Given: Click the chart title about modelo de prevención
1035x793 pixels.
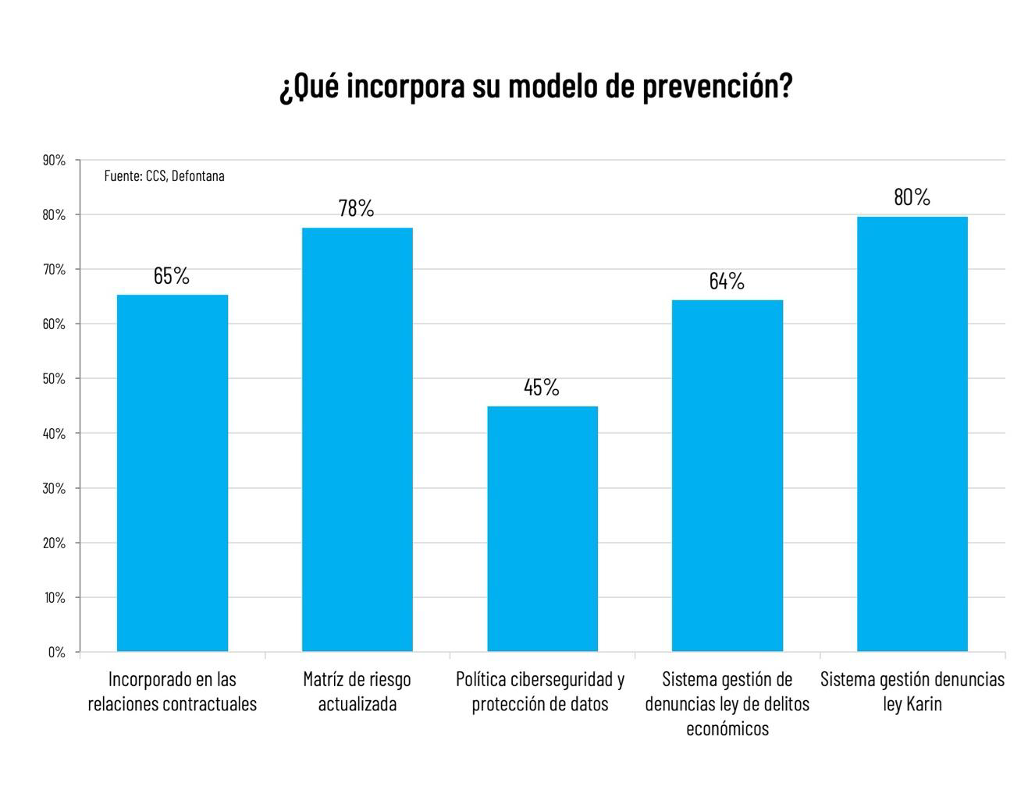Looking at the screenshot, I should click(535, 86).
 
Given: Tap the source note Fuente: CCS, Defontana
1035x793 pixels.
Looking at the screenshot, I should click(164, 175).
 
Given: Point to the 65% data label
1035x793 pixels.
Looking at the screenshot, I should click(172, 275).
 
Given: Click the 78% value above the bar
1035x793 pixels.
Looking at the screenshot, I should click(357, 208).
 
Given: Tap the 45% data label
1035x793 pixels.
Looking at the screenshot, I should click(542, 387).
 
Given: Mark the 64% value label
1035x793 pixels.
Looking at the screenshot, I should click(727, 281).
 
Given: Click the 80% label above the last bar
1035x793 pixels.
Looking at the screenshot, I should click(912, 197).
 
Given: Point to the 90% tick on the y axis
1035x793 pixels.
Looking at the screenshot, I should click(54, 160).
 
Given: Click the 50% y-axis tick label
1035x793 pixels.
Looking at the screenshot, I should click(54, 379).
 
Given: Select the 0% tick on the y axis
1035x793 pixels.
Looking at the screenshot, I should click(56, 652).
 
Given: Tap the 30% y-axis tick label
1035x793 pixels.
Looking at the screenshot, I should click(54, 488).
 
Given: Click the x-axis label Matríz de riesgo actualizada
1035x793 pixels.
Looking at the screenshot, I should click(357, 692).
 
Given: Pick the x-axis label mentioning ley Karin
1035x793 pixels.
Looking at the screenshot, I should click(912, 692).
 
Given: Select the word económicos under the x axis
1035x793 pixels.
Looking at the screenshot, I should click(727, 728).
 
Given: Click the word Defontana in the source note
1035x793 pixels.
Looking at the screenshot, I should click(197, 175).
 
